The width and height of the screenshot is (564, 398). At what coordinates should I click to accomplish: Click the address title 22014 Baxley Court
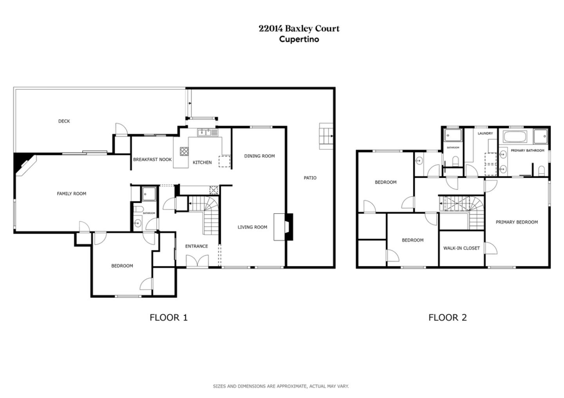[299, 29]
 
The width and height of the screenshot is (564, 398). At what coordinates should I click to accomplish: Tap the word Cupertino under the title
[299, 39]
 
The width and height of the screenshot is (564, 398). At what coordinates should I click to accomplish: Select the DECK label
[64, 121]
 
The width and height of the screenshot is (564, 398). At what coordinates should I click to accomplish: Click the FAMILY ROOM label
[71, 194]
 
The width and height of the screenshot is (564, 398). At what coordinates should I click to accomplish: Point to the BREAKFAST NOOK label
[152, 160]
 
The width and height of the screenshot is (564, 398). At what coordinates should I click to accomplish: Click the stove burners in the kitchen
[184, 151]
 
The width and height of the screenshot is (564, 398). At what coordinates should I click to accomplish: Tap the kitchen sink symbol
[207, 133]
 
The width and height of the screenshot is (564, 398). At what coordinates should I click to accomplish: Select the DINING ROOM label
[259, 156]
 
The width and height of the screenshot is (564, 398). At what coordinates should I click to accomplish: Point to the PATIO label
[310, 178]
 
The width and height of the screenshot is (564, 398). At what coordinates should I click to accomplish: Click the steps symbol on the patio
[326, 136]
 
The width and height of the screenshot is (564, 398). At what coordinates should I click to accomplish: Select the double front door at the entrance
[197, 261]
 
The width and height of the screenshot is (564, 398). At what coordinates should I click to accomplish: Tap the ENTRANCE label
[196, 246]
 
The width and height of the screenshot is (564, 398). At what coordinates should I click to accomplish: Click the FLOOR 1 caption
[168, 317]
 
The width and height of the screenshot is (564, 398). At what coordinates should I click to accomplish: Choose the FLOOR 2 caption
[447, 317]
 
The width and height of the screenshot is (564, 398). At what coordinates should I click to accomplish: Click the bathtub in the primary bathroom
[516, 137]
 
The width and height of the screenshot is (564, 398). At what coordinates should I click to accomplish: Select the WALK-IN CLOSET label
[461, 248]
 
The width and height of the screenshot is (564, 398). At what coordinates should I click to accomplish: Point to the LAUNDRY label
[485, 133]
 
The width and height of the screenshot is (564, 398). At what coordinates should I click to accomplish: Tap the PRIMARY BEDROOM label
[517, 222]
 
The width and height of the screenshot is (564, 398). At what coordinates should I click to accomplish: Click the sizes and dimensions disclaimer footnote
[280, 386]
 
